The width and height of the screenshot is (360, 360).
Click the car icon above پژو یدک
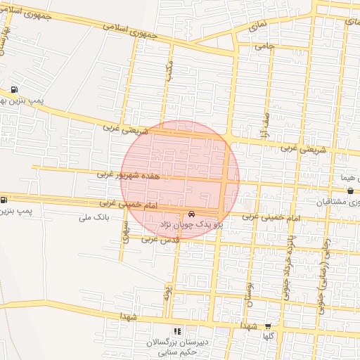(x=191, y=214)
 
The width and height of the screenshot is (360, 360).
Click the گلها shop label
(x=268, y=336)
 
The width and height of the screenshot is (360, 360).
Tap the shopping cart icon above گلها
(x=268, y=326)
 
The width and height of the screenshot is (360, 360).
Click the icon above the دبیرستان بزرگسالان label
(x=177, y=330)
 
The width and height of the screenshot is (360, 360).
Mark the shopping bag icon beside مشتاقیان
(x=350, y=191)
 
